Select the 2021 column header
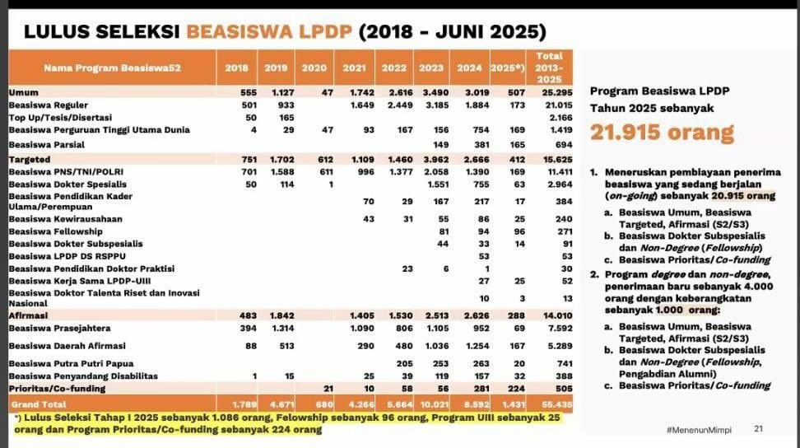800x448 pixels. pos(354,68)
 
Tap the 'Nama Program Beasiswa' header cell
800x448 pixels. pos(100,68)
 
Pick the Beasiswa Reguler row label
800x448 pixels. pos(49,105)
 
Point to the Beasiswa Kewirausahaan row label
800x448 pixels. pos(66,219)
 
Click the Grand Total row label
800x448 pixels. pos(38,404)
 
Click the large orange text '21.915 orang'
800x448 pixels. pos(662,133)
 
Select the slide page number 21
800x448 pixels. pos(758,429)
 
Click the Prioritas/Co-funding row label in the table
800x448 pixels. pos(56,387)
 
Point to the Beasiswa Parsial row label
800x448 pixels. pos(45,144)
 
